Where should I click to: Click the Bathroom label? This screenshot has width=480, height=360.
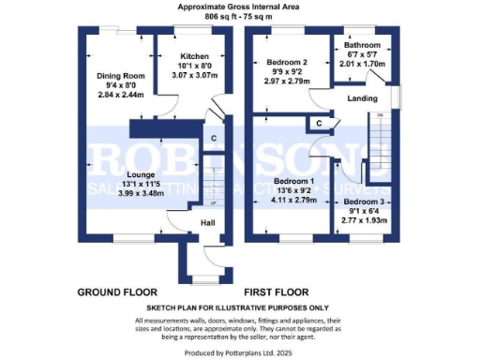point(362,45)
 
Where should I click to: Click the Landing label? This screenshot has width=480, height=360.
point(362,97)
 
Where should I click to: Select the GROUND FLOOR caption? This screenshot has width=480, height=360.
point(117,292)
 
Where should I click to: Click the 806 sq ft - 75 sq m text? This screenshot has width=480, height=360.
point(241,16)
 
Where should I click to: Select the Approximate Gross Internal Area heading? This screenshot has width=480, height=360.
point(241,7)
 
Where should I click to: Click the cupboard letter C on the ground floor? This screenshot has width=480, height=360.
point(215,140)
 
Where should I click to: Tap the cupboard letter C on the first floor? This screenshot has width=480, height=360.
point(320,123)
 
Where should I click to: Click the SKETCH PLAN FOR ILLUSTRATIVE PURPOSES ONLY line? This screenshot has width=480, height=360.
point(239,307)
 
